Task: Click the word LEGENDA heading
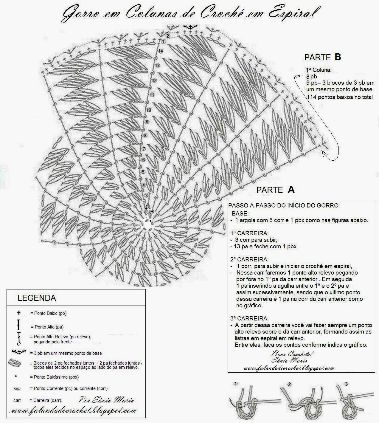click(x=37, y=298)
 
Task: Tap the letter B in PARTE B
click(x=338, y=57)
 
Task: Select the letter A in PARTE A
click(x=291, y=190)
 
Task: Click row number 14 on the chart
click(x=161, y=51)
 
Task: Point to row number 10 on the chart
click(x=149, y=110)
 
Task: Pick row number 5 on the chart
click(x=143, y=172)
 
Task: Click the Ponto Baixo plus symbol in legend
click(x=19, y=313)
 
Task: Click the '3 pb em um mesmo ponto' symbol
click(x=18, y=352)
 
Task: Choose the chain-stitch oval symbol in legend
click(x=17, y=389)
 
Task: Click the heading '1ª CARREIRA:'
click(x=249, y=233)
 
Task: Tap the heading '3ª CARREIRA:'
click(x=249, y=318)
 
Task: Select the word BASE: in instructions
click(x=240, y=214)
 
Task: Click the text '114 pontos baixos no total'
click(x=339, y=97)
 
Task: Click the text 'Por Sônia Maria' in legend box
click(x=107, y=400)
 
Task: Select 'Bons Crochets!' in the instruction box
click(x=292, y=354)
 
